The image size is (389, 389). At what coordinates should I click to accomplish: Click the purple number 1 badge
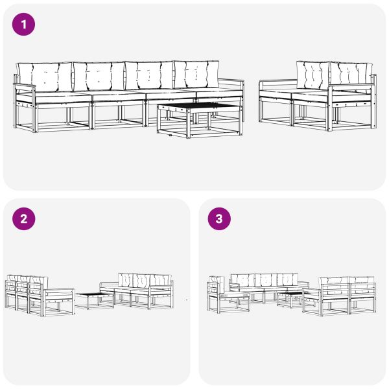(x=24, y=25)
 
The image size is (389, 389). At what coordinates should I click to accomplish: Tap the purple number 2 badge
(x=24, y=219)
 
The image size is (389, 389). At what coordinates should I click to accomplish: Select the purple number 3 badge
(x=219, y=219)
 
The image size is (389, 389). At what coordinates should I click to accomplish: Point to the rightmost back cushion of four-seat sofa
(x=197, y=75)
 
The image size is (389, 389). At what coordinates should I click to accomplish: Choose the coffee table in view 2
(x=95, y=298)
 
